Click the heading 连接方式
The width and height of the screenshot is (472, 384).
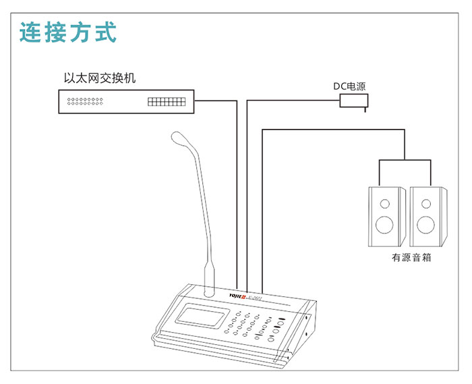click(68, 32)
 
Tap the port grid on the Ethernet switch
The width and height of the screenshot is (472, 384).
click(166, 102)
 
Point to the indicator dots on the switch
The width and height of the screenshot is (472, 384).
click(84, 102)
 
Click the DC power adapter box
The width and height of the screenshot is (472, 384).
click(354, 101)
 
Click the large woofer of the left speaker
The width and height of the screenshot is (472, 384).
click(386, 224)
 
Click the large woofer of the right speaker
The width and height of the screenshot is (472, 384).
click(425, 224)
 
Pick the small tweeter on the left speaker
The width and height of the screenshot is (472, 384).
click(386, 202)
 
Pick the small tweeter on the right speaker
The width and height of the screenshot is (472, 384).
click(425, 202)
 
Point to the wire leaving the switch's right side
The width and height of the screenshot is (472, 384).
click(216, 101)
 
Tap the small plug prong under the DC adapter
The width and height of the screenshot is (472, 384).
click(365, 109)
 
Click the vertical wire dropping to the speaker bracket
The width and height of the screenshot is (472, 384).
click(403, 145)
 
